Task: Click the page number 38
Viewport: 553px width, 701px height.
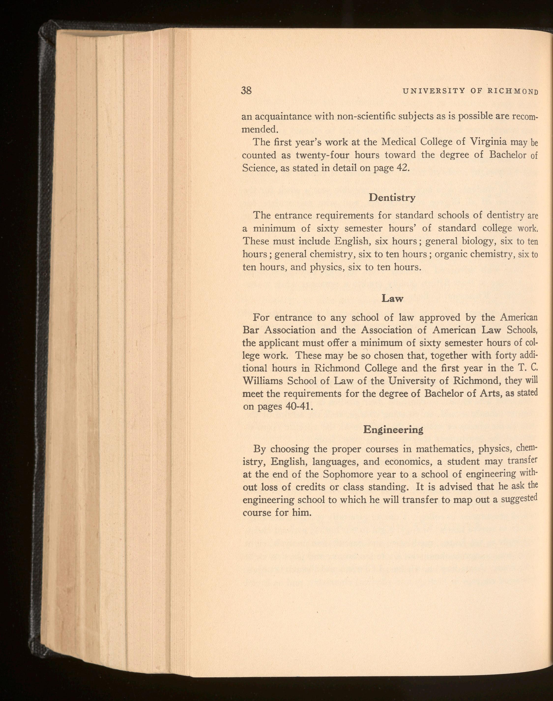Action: [x=246, y=90]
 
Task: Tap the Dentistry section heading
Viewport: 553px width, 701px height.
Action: [x=392, y=197]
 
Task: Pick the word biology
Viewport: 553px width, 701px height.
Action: [x=478, y=241]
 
